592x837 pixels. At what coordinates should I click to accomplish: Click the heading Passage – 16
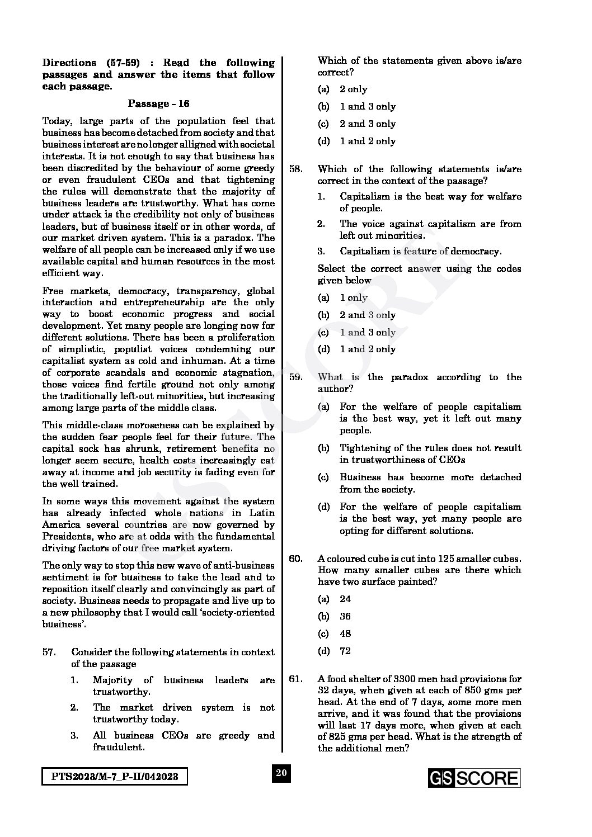(158, 103)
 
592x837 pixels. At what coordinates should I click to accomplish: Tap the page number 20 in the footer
(281, 773)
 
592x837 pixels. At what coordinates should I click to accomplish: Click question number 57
(49, 652)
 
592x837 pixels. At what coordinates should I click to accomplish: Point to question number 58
(296, 169)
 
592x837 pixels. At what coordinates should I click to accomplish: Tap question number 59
(296, 377)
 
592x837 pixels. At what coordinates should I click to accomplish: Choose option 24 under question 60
(345, 599)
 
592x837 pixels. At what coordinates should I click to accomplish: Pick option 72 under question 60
(345, 651)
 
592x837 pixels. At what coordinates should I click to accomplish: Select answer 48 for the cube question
(345, 634)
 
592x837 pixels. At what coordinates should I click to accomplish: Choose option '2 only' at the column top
(353, 89)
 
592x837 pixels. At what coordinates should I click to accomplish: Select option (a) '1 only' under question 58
(353, 298)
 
